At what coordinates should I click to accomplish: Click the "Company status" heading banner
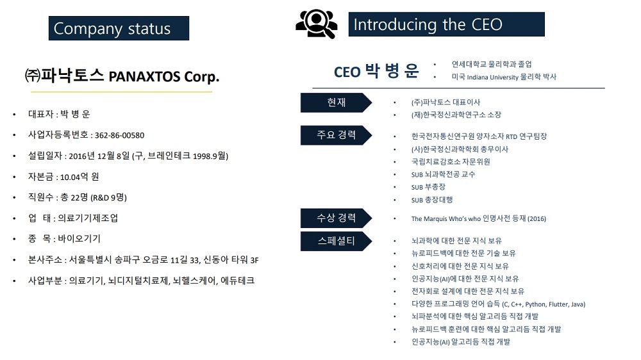119,28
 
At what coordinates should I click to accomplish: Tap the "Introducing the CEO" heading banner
446,24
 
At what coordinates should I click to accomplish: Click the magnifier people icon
317,24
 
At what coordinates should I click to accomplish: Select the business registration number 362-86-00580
119,135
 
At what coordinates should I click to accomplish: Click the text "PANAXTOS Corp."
164,76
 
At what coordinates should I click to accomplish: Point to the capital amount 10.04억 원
79,177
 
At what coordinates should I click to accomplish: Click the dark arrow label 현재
336,102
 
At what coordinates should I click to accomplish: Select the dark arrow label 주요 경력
336,135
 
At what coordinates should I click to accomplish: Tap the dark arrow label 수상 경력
336,218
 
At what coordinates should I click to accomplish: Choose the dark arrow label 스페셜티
336,241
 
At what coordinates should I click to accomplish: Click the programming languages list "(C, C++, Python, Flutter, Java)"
544,304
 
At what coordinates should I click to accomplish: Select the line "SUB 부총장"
428,187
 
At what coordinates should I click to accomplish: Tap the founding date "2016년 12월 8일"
99,156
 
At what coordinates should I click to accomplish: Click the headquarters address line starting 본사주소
143,260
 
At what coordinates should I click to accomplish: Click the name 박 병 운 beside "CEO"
392,70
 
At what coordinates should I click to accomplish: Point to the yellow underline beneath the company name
121,92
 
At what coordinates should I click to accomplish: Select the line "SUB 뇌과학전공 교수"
443,174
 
